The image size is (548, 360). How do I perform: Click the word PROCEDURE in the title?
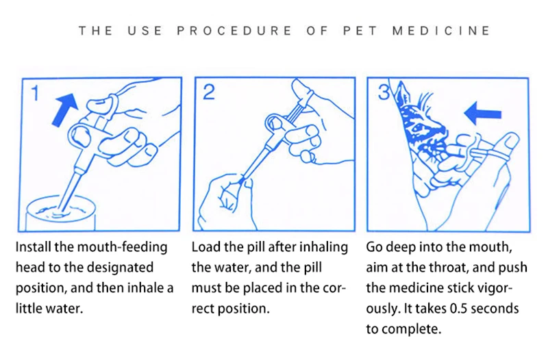pyautogui.click(x=234, y=31)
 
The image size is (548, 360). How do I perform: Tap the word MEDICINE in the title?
pyautogui.click(x=441, y=31)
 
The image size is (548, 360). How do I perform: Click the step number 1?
pyautogui.click(x=35, y=93)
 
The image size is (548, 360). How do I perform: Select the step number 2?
pyautogui.click(x=209, y=92)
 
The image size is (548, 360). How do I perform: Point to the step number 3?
pyautogui.click(x=384, y=93)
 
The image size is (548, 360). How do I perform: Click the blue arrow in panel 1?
pyautogui.click(x=64, y=109)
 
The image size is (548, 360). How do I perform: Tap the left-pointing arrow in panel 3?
pyautogui.click(x=483, y=114)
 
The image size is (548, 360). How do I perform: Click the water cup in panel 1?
pyautogui.click(x=60, y=213)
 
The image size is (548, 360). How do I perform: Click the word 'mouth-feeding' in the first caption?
pyautogui.click(x=122, y=247)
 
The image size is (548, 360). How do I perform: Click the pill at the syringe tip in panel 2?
pyautogui.click(x=242, y=180)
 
